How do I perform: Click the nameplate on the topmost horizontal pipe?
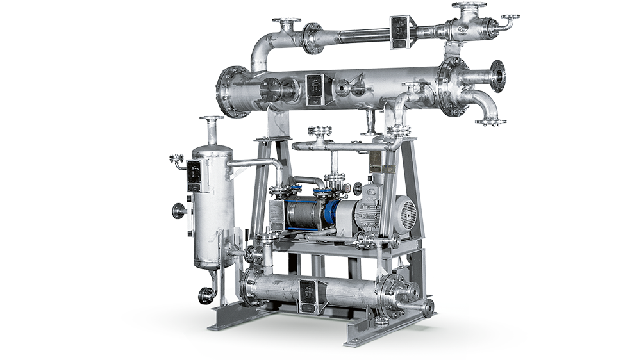click(x=400, y=31)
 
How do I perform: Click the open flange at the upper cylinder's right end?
click(x=498, y=76)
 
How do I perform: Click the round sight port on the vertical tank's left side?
click(x=178, y=209)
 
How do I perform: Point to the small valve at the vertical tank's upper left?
click(x=176, y=160)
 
